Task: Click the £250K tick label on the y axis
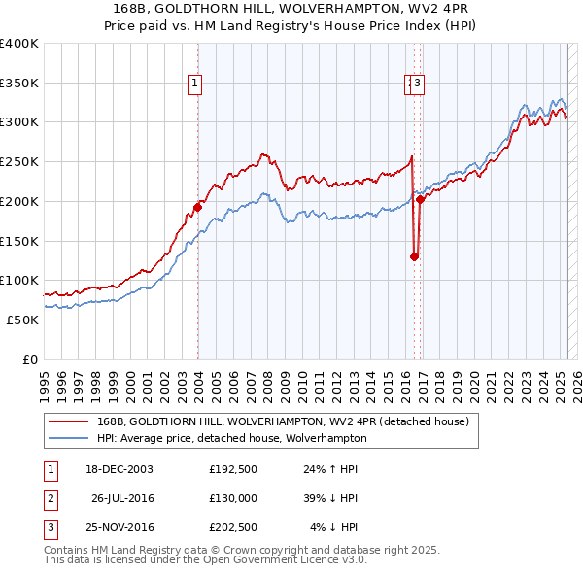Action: (x=19, y=162)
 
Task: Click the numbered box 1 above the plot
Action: (x=195, y=84)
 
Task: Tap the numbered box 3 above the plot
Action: (x=417, y=84)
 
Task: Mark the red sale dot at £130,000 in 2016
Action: (x=414, y=256)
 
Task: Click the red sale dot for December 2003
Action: (x=197, y=207)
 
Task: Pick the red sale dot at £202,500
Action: (x=420, y=199)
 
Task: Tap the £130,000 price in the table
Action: (x=233, y=498)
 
